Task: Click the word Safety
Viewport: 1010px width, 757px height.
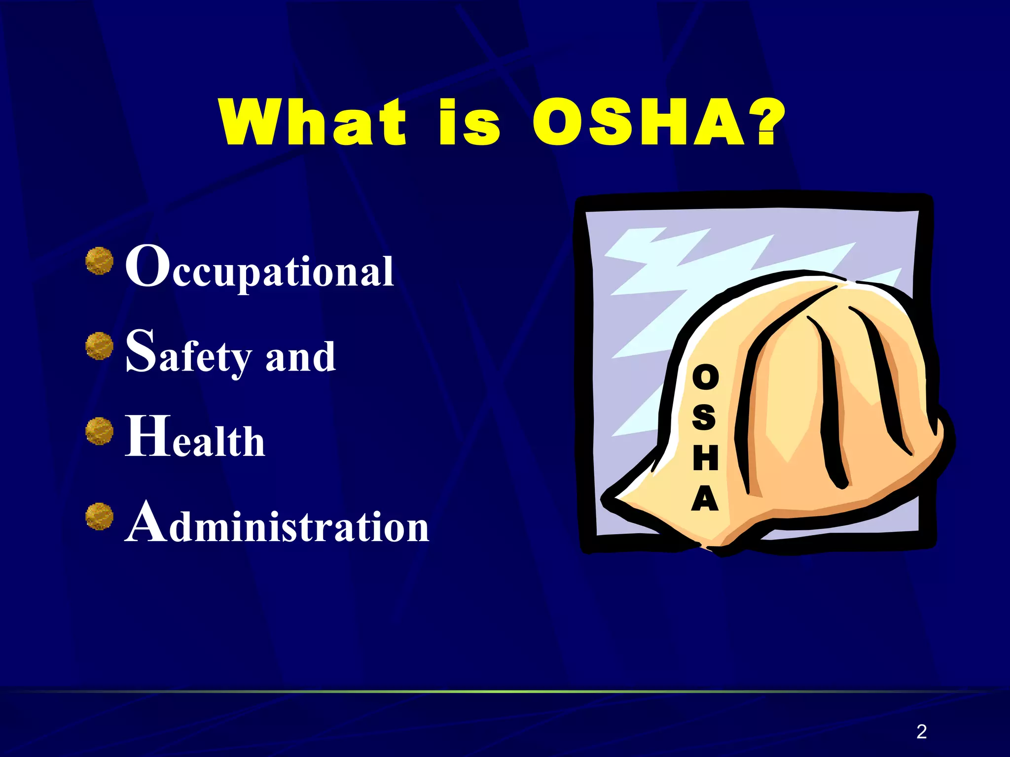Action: [189, 353]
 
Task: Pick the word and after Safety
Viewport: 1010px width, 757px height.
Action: [300, 356]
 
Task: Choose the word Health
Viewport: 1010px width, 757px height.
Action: [195, 437]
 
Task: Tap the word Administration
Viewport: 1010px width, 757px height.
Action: [277, 522]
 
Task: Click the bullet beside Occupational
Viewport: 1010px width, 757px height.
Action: [99, 261]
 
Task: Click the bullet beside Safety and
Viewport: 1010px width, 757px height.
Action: [99, 345]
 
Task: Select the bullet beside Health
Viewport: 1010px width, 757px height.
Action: [99, 431]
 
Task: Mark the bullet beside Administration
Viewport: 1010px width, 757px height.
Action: [99, 516]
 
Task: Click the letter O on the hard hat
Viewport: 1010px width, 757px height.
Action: [705, 378]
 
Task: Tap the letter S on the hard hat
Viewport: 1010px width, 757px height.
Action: [704, 417]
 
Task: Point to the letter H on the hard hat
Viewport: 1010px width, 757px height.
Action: [705, 458]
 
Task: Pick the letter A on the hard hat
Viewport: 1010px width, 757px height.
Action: [705, 498]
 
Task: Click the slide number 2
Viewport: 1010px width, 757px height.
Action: [921, 731]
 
